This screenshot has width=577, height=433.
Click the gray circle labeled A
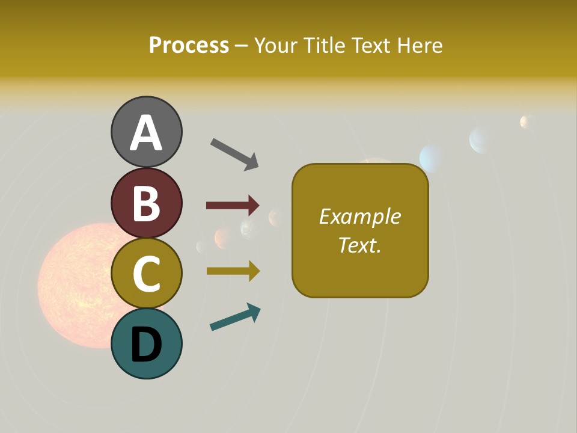(146, 132)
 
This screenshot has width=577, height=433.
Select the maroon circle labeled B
(146, 203)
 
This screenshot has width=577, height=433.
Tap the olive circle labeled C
(146, 273)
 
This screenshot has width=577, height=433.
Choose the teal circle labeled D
(146, 344)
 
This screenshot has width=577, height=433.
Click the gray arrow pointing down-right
(234, 153)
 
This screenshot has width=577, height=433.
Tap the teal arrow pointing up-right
(235, 317)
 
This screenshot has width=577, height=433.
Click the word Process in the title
(189, 45)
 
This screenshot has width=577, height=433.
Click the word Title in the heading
(323, 45)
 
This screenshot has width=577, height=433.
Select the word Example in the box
(359, 216)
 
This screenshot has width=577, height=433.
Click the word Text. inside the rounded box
(359, 245)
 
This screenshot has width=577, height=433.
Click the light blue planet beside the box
(431, 158)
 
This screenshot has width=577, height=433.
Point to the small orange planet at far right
(527, 122)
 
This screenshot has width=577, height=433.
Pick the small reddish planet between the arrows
(223, 238)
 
